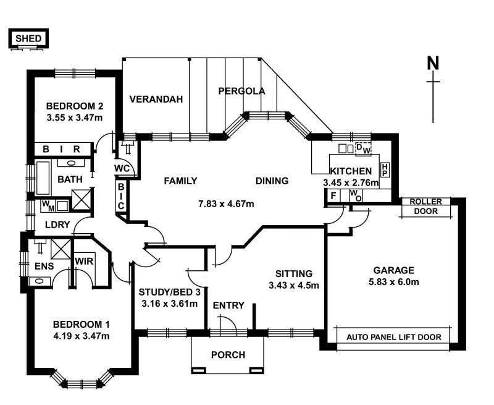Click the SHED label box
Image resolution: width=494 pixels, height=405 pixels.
point(28,39)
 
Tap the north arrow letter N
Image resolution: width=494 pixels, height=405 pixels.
point(433,63)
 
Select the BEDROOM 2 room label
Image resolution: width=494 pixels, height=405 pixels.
point(74,105)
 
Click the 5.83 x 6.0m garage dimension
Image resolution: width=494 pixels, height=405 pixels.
point(393,283)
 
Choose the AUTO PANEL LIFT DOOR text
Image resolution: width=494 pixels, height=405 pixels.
point(398,338)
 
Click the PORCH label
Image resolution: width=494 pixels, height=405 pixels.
point(228,355)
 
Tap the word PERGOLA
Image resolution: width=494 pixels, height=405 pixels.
point(241,91)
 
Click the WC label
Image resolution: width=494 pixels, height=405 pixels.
point(121,168)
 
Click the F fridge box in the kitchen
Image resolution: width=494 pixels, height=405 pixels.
point(333,196)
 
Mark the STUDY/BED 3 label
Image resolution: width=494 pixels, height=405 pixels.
point(169,292)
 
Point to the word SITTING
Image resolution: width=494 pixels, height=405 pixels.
point(294,273)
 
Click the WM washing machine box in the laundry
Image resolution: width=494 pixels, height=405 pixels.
point(48,205)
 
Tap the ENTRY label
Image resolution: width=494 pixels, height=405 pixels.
point(228,305)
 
